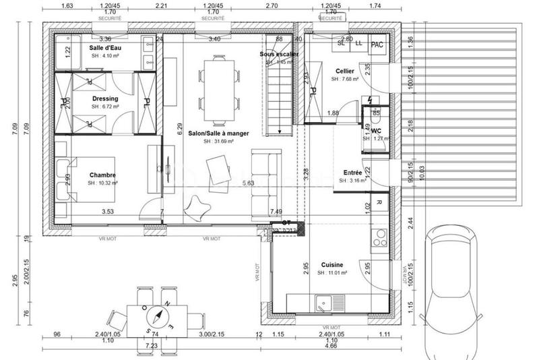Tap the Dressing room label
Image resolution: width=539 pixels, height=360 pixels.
[104, 98]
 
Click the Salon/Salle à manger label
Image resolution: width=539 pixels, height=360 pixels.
[219, 133]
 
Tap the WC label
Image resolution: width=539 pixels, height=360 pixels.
[377, 130]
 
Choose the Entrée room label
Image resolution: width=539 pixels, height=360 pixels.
[353, 173]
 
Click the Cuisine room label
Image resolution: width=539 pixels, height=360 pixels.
[333, 265]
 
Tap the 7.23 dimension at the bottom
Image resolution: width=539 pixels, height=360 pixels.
[151, 345]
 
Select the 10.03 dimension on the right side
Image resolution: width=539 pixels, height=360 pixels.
[422, 171]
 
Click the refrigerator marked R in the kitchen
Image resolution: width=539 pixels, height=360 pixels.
[379, 203]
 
